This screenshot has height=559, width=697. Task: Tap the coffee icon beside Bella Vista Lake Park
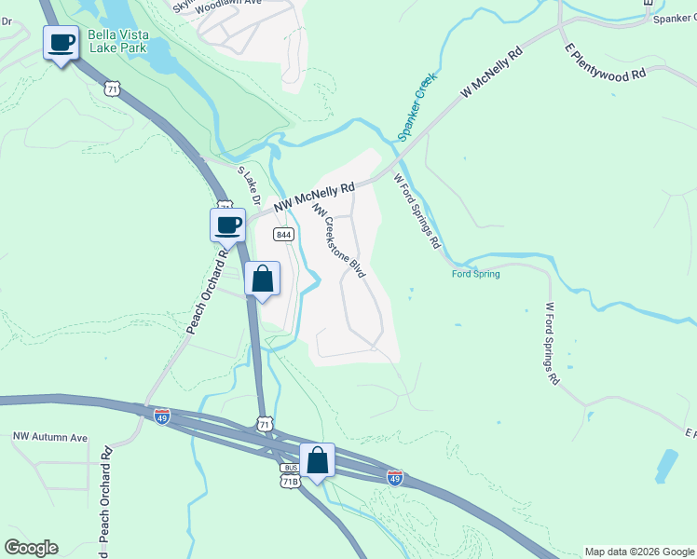coord(61,43)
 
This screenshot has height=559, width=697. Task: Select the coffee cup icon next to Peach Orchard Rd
coord(228,225)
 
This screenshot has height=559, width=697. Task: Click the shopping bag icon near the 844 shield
coord(263,279)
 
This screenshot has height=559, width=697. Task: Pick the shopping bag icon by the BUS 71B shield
coord(318,460)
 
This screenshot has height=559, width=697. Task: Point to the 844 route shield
coord(284,234)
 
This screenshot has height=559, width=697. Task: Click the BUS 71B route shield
coord(290,475)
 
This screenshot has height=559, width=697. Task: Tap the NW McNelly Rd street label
coord(313,195)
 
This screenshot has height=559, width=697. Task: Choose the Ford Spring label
coord(475,274)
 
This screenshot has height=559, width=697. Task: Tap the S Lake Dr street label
coord(247,186)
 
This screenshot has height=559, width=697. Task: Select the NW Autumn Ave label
coord(49,437)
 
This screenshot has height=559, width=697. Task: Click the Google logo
coord(31,548)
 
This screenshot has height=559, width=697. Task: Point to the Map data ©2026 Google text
coord(638,552)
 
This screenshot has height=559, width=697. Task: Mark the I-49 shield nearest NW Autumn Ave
coord(162,415)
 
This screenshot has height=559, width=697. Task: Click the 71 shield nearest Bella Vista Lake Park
coord(113,89)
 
